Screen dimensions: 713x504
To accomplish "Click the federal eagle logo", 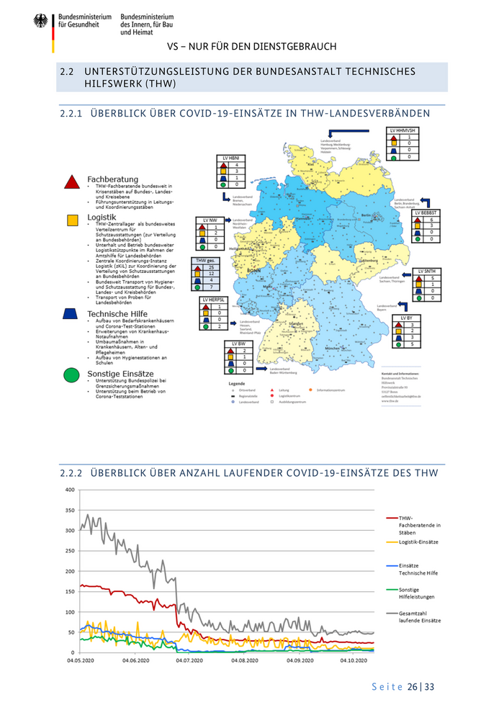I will coord(40,22).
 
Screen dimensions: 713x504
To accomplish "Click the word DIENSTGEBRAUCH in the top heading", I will coord(295,47).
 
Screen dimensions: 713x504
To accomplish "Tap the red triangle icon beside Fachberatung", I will coord(72,182).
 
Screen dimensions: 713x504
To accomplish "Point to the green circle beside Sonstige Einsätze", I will coord(71,375).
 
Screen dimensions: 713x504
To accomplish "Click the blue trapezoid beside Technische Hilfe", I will coord(71,314).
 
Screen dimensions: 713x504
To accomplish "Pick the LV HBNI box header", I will coord(230,157).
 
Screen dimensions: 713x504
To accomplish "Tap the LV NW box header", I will coord(210,219).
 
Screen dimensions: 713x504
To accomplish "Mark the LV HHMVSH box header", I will coord(400,130).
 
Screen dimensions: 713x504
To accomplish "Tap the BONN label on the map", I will coord(253,270).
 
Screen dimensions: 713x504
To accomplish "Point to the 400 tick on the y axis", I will coord(69,490).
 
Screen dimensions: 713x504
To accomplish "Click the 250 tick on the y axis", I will coord(69,551).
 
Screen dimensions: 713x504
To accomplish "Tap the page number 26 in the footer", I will coord(413,687).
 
